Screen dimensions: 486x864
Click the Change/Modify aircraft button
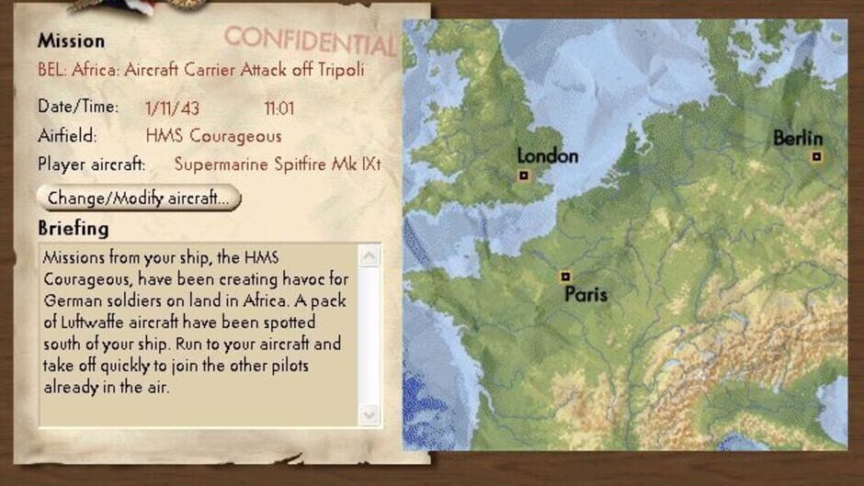point(138,198)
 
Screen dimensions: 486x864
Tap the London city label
point(548,155)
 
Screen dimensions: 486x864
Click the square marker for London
point(524,175)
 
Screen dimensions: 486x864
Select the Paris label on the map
point(585,295)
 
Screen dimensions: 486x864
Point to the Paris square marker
point(565,276)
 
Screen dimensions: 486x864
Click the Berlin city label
point(798,138)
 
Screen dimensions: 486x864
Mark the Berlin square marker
point(816,156)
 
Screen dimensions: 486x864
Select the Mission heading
point(71,40)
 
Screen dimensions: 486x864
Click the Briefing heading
point(74,228)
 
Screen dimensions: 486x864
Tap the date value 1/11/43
point(172,108)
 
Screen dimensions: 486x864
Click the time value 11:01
point(279,108)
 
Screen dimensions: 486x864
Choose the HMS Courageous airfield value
point(213,137)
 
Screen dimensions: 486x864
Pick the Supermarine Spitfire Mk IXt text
point(277,165)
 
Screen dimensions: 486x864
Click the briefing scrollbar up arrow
point(369,256)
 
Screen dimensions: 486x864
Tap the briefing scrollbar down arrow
point(369,414)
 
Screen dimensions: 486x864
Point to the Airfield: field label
point(67,136)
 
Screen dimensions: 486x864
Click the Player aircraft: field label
point(92,165)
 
